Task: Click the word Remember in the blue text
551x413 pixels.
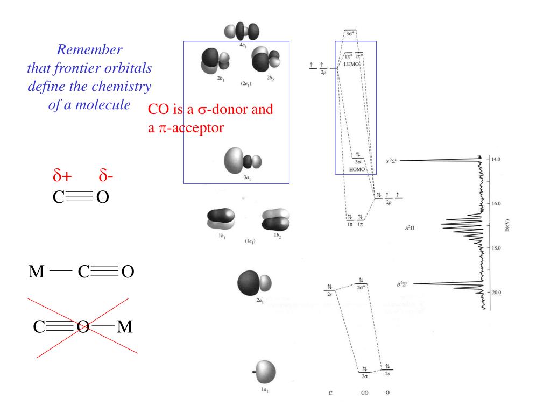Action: coord(90,50)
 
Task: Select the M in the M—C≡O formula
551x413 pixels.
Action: coord(37,272)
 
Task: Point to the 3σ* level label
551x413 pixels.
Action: coord(350,33)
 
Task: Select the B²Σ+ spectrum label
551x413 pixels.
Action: coord(405,283)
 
